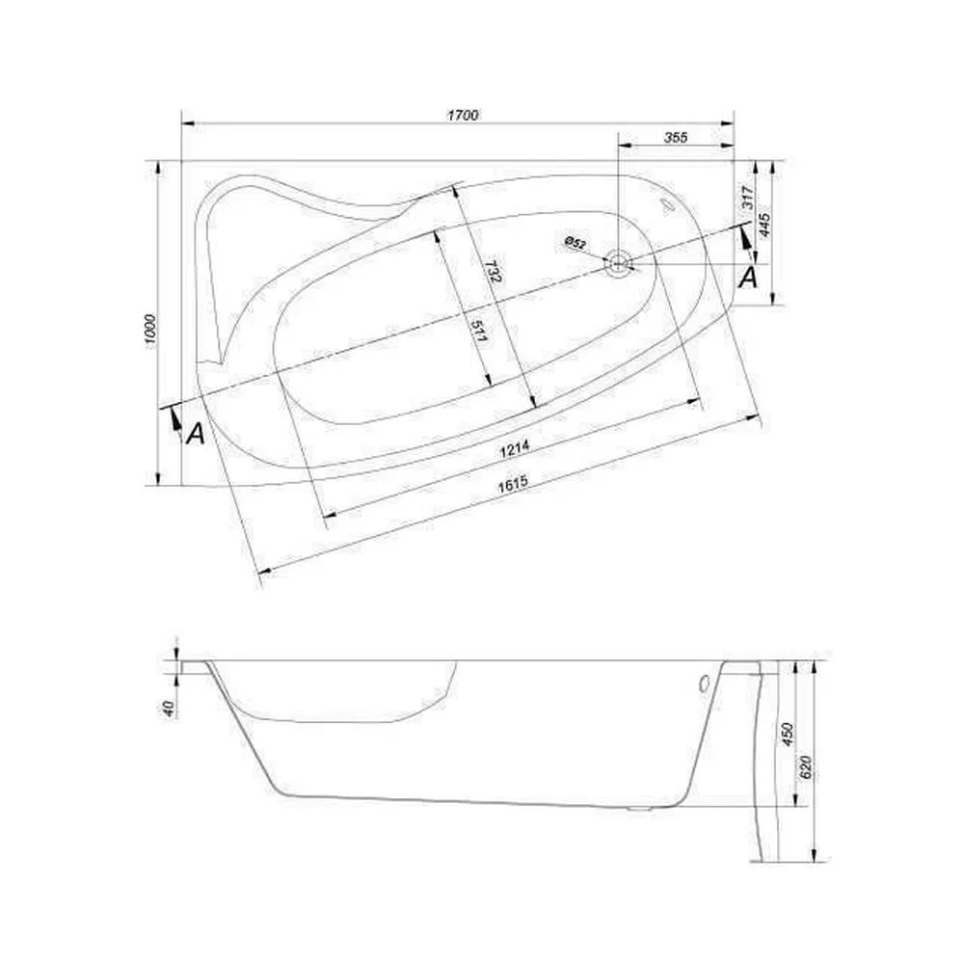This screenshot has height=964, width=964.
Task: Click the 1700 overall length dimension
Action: tap(463, 115)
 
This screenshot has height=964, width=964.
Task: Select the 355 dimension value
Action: tap(675, 137)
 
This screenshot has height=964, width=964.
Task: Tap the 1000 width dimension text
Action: tap(151, 332)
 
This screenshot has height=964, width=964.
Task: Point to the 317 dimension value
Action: tap(748, 198)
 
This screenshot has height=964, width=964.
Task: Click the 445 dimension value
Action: tap(764, 226)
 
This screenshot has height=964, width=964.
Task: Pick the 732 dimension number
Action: tap(493, 271)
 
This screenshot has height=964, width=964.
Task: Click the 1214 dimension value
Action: tap(515, 450)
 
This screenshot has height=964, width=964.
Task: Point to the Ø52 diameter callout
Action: tap(575, 243)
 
